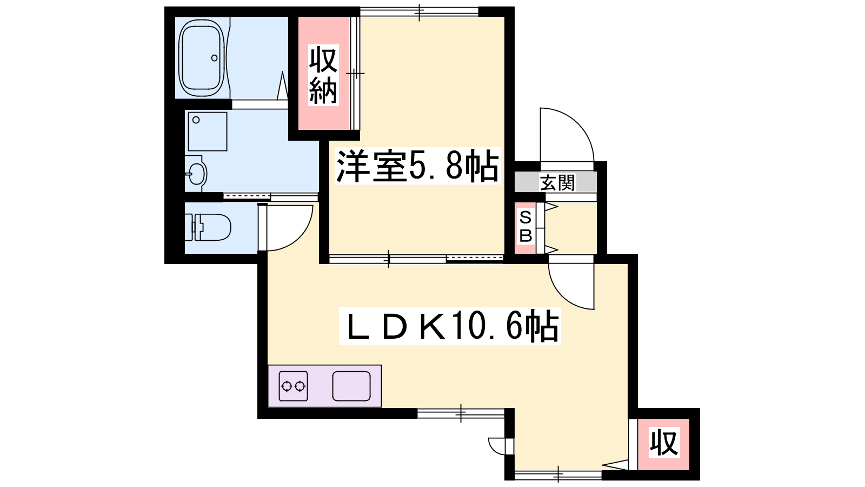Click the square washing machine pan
tap(208, 131)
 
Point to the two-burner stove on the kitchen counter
tap(294, 386)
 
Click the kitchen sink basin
tap(351, 386)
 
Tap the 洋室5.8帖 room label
tap(417, 166)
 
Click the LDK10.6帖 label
tap(450, 325)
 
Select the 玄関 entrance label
tap(557, 182)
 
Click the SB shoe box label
tap(525, 227)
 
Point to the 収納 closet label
tap(323, 75)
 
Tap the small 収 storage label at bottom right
tap(664, 443)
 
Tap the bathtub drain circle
tap(214, 58)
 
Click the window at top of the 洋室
tap(420, 12)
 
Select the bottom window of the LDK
tap(558, 475)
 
